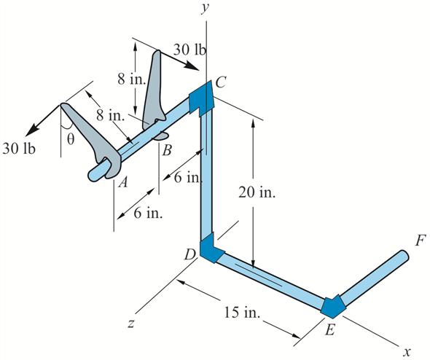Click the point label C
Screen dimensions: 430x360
(x=221, y=82)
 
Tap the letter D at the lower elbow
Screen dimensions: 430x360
(x=189, y=255)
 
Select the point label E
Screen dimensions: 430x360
(x=330, y=329)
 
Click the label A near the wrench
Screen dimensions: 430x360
(x=123, y=182)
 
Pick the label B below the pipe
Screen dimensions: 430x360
(x=167, y=150)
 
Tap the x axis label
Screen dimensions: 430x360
(x=407, y=351)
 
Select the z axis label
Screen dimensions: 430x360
(x=131, y=324)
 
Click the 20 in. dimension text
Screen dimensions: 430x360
(x=257, y=192)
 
